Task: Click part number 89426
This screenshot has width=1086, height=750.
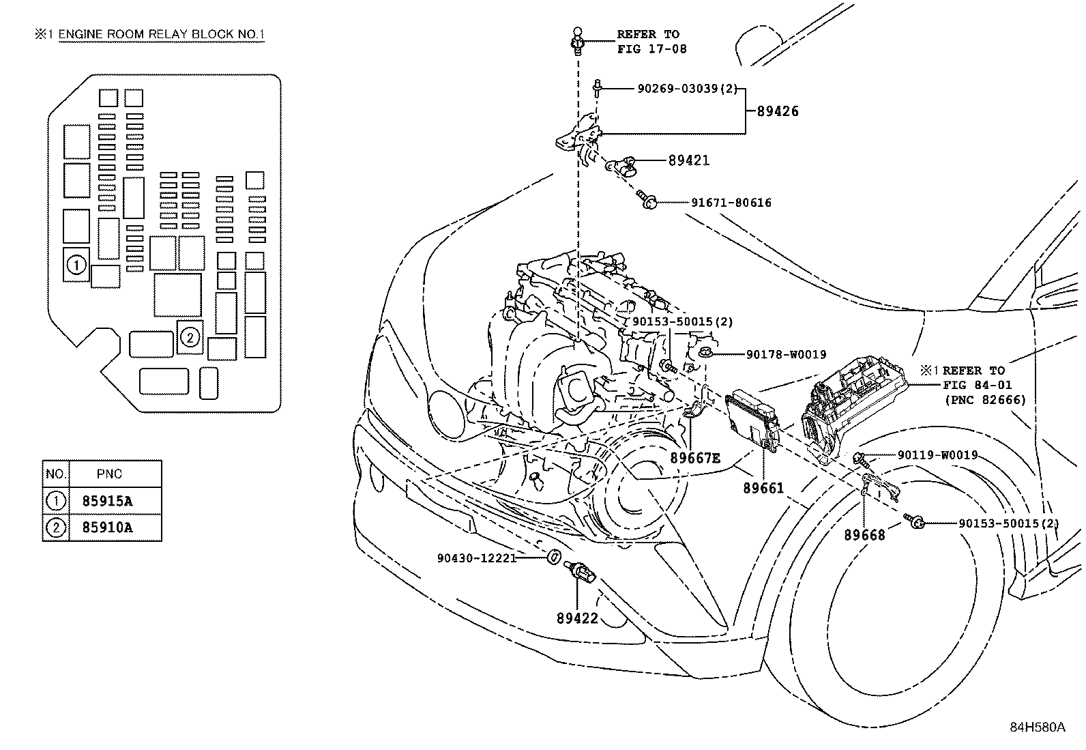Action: point(777,111)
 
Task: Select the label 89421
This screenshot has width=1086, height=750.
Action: point(689,160)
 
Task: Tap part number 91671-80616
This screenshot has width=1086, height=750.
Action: point(731,203)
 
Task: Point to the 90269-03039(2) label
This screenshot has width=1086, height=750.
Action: point(688,89)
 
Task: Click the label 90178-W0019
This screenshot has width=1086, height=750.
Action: point(786,355)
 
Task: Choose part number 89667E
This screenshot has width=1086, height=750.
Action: point(695,458)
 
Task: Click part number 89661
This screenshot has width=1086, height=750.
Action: point(763,488)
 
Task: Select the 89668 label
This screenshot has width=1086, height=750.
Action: point(864,535)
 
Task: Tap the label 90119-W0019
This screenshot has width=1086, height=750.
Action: point(938,455)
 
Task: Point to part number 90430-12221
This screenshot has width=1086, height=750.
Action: point(477,558)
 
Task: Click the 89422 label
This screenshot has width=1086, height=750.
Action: point(577,618)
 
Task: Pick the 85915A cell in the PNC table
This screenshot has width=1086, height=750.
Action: point(107,501)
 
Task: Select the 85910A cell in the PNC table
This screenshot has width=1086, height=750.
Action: point(107,528)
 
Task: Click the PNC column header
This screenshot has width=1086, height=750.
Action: point(110,474)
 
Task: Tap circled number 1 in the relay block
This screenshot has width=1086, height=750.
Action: point(76,265)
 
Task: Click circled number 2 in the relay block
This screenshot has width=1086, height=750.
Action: point(190,337)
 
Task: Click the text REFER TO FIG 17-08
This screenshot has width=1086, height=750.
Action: point(651,42)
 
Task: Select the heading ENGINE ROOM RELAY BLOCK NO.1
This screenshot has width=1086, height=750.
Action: point(162,34)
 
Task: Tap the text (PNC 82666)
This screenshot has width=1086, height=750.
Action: point(985,400)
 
